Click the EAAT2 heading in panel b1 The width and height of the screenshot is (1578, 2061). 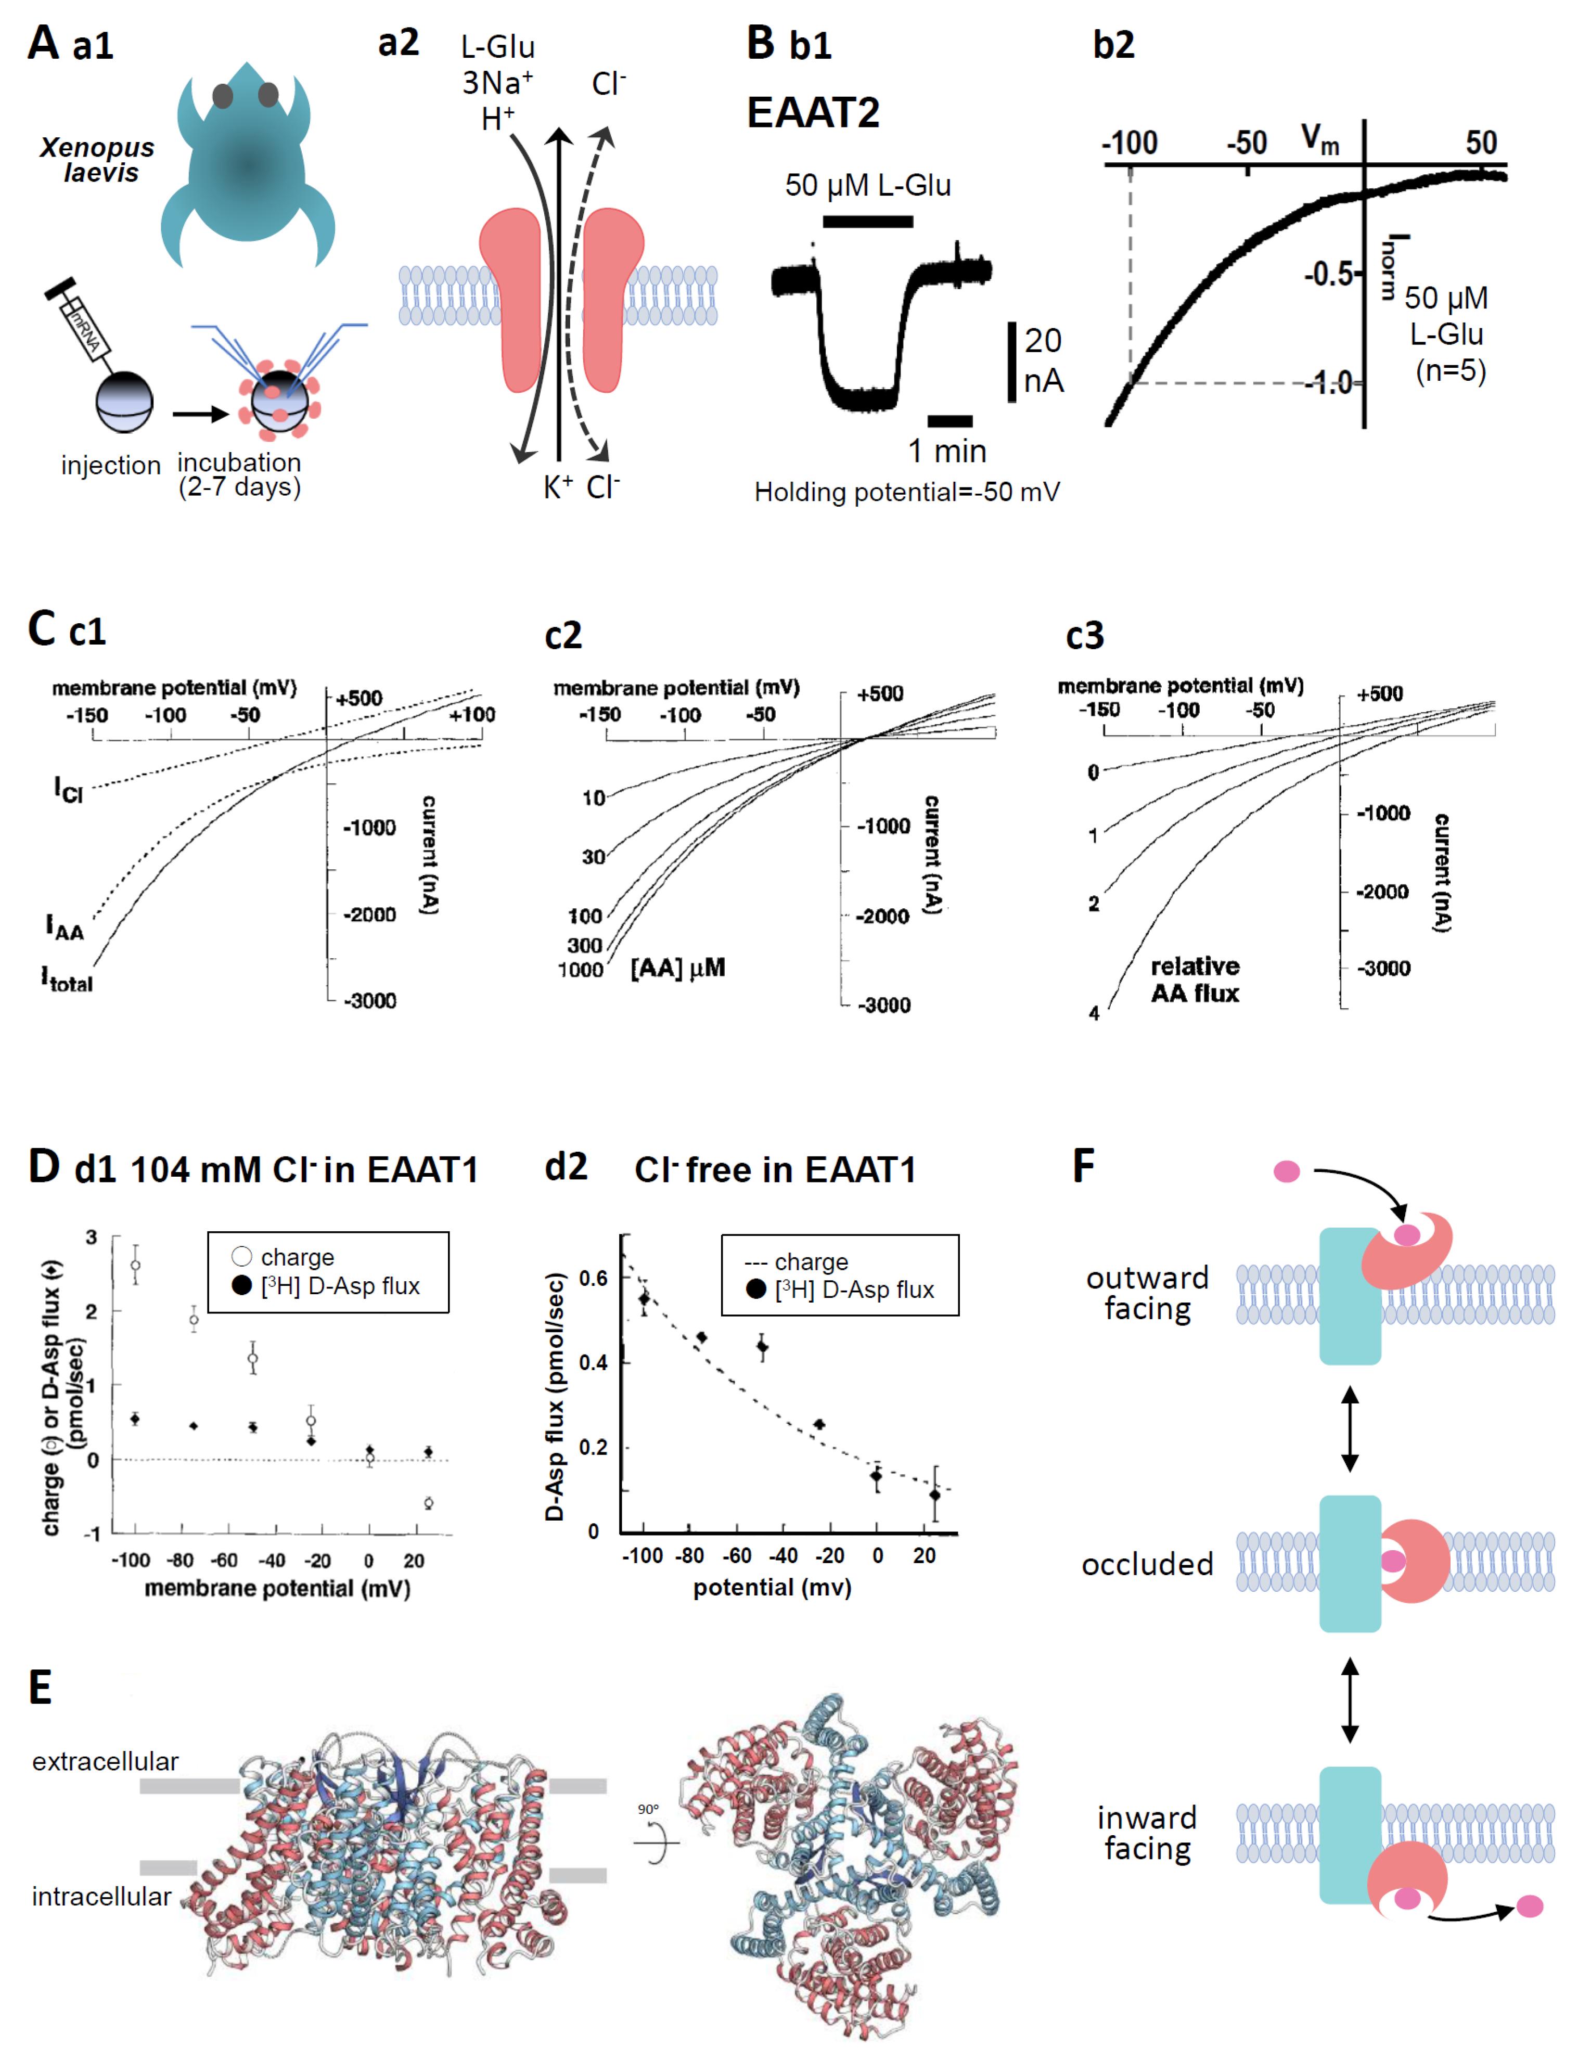(x=813, y=113)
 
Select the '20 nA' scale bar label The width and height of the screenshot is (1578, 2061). (x=1043, y=360)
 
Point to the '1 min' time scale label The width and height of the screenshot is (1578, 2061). (x=947, y=452)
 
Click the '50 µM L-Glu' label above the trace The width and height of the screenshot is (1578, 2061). (x=868, y=185)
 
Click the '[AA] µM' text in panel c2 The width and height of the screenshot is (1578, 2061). (x=677, y=968)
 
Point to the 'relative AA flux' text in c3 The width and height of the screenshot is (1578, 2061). (x=1195, y=980)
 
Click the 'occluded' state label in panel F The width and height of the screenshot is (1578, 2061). (x=1147, y=1564)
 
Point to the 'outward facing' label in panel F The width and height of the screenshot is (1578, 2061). (x=1147, y=1293)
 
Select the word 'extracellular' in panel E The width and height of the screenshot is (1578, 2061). (x=105, y=1761)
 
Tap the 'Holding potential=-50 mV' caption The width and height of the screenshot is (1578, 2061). (x=906, y=492)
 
